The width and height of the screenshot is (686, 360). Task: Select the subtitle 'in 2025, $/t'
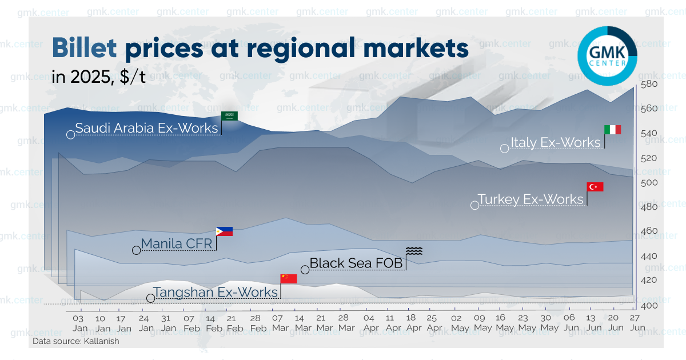[x=98, y=78]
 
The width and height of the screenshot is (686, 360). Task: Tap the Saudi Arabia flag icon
[x=230, y=116]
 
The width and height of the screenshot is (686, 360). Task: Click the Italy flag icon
[x=613, y=130]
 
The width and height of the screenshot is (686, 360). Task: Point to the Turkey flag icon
[x=596, y=187]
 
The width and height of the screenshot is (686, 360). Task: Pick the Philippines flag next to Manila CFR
[x=225, y=231]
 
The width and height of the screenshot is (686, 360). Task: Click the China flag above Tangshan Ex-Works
[x=289, y=279]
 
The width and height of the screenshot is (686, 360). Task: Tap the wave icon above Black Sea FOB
[x=414, y=251]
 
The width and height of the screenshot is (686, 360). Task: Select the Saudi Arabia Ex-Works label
[x=146, y=128]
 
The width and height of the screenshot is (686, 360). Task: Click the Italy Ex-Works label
[x=555, y=142]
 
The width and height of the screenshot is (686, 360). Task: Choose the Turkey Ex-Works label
[x=531, y=199]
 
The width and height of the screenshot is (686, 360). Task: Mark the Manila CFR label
[x=176, y=244]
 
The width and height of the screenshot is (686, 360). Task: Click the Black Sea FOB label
[x=356, y=263]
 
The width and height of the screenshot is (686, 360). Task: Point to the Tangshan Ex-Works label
[x=215, y=292]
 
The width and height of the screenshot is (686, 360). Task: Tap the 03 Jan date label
[x=79, y=323]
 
